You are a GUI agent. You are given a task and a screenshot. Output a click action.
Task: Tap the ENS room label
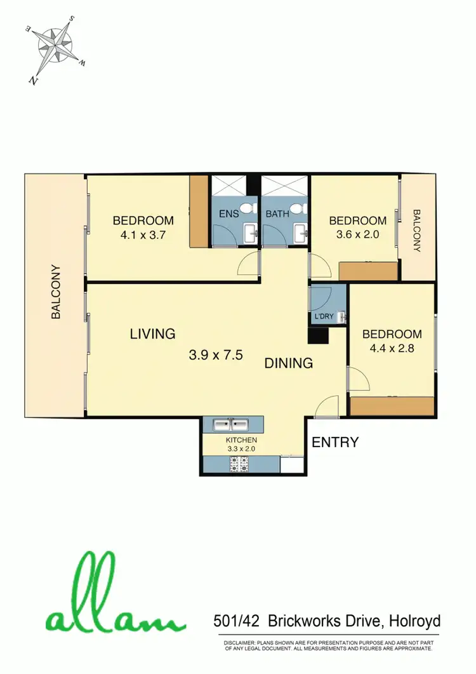[x=228, y=214]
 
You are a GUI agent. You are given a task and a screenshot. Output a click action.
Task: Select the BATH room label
[x=277, y=214]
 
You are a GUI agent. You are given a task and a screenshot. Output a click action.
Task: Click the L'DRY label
[x=324, y=316]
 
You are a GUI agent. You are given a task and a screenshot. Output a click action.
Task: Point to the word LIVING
[x=152, y=334]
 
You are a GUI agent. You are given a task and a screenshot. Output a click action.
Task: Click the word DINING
[x=289, y=363]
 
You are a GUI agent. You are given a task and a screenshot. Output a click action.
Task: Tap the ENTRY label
[x=335, y=442]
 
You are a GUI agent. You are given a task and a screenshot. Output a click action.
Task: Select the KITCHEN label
[x=242, y=440]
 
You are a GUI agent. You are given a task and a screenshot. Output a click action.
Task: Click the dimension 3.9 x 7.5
[x=216, y=355]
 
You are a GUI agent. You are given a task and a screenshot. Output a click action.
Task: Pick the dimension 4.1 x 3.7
[x=143, y=234]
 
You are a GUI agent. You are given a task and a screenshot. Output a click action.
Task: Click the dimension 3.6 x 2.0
[x=357, y=234]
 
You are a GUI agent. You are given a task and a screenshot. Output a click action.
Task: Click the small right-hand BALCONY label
[x=417, y=231]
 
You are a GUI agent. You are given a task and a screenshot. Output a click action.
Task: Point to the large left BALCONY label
[x=56, y=292]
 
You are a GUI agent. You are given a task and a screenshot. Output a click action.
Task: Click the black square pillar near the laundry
[x=317, y=335]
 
